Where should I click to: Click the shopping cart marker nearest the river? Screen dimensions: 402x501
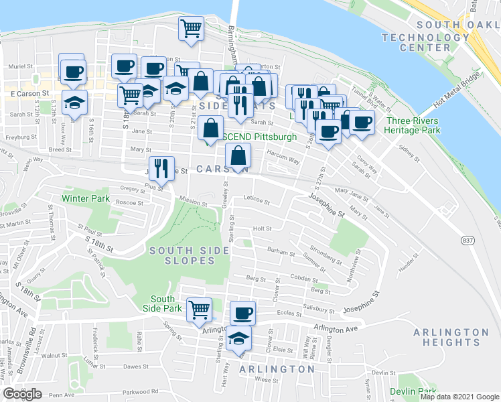[x=192, y=29]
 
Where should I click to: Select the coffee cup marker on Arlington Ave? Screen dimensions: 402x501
[x=243, y=313]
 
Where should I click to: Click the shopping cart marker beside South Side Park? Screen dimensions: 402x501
[x=199, y=310]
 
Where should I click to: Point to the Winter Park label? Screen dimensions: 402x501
[x=85, y=198]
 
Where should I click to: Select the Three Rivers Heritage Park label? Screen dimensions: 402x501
[x=413, y=125]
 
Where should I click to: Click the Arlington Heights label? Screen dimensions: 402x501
[x=451, y=337]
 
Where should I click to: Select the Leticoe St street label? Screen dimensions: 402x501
[x=257, y=200]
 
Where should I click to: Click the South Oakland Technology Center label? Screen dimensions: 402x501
[x=425, y=36]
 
